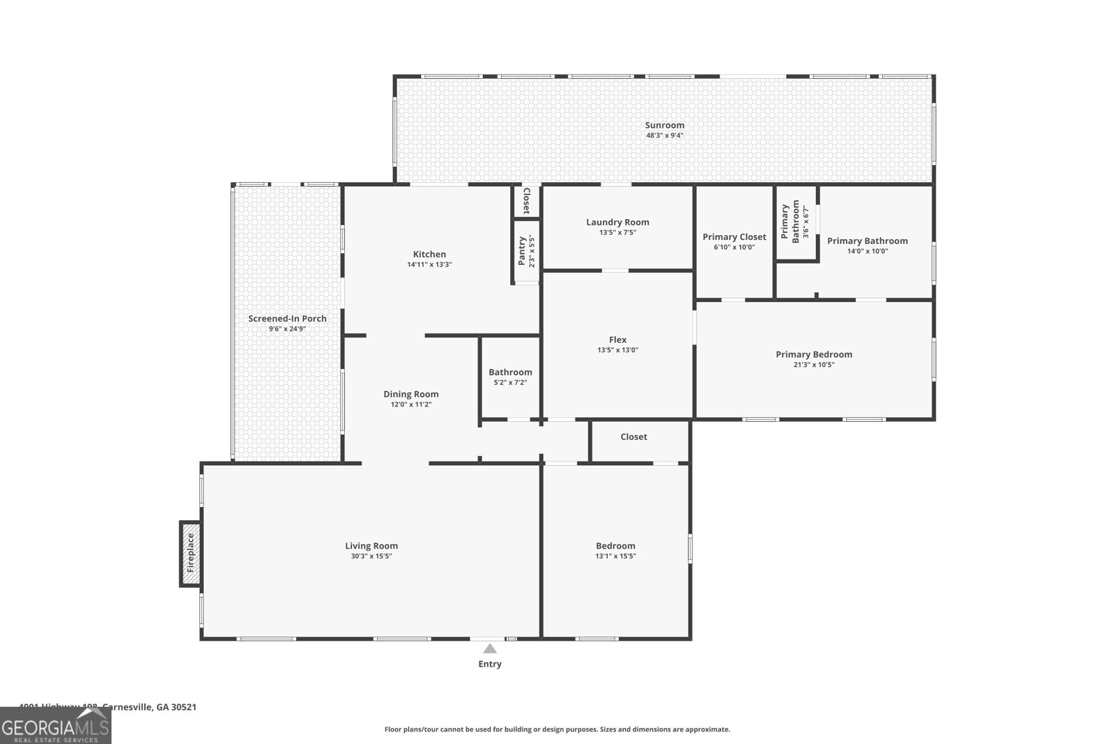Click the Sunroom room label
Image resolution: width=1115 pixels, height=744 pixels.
tap(664, 126)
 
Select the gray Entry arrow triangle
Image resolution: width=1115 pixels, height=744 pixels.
tap(490, 648)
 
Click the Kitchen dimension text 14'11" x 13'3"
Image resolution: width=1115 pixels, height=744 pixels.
tap(429, 265)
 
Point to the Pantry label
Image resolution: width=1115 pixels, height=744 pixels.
tap(522, 251)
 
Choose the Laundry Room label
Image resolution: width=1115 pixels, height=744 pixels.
tap(617, 222)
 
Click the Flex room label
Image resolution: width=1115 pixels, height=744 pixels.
tap(617, 340)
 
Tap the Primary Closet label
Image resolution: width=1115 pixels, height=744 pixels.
tap(734, 237)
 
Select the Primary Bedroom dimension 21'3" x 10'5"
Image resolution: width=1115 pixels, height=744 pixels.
tap(814, 365)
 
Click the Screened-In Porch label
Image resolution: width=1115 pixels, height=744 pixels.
tap(287, 319)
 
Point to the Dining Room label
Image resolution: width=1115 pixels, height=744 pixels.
tap(410, 394)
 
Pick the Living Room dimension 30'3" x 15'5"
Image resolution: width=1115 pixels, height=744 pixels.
tap(371, 556)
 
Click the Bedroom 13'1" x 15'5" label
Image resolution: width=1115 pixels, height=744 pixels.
tap(615, 546)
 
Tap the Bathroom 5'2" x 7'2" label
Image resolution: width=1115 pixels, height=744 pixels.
tap(510, 372)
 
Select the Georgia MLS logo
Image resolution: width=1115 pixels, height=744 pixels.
tap(55, 729)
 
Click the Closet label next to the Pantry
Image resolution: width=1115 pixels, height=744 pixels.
tap(527, 201)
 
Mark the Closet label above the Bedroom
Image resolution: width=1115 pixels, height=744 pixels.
tap(633, 437)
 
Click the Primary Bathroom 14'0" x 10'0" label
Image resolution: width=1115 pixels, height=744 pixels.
tap(867, 241)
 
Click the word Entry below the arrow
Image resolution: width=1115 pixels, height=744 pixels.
tap(490, 665)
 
